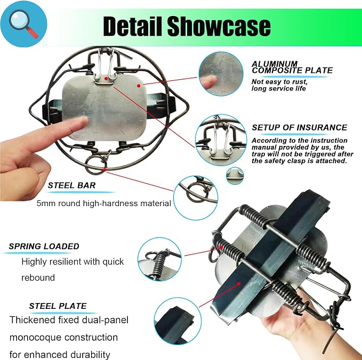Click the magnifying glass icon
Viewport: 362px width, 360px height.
(23, 23)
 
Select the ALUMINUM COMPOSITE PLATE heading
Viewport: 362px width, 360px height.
(292, 67)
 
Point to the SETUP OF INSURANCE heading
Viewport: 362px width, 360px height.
(300, 127)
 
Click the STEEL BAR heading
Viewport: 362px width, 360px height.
(71, 185)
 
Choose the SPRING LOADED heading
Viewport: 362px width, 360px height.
(44, 247)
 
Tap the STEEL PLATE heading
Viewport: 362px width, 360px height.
(58, 306)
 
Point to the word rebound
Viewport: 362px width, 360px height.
(38, 277)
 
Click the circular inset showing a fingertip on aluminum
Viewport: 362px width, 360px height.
(221, 74)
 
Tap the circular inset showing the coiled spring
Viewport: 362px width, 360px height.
(159, 259)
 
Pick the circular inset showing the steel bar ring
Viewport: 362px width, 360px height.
(196, 198)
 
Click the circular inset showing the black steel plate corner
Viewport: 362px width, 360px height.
(178, 321)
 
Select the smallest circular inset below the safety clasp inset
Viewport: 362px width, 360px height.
(235, 176)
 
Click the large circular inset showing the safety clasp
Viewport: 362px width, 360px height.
(221, 140)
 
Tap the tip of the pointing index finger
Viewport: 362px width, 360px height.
(85, 119)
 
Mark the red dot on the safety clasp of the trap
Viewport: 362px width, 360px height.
(106, 79)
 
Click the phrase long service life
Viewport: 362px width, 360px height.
(279, 88)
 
